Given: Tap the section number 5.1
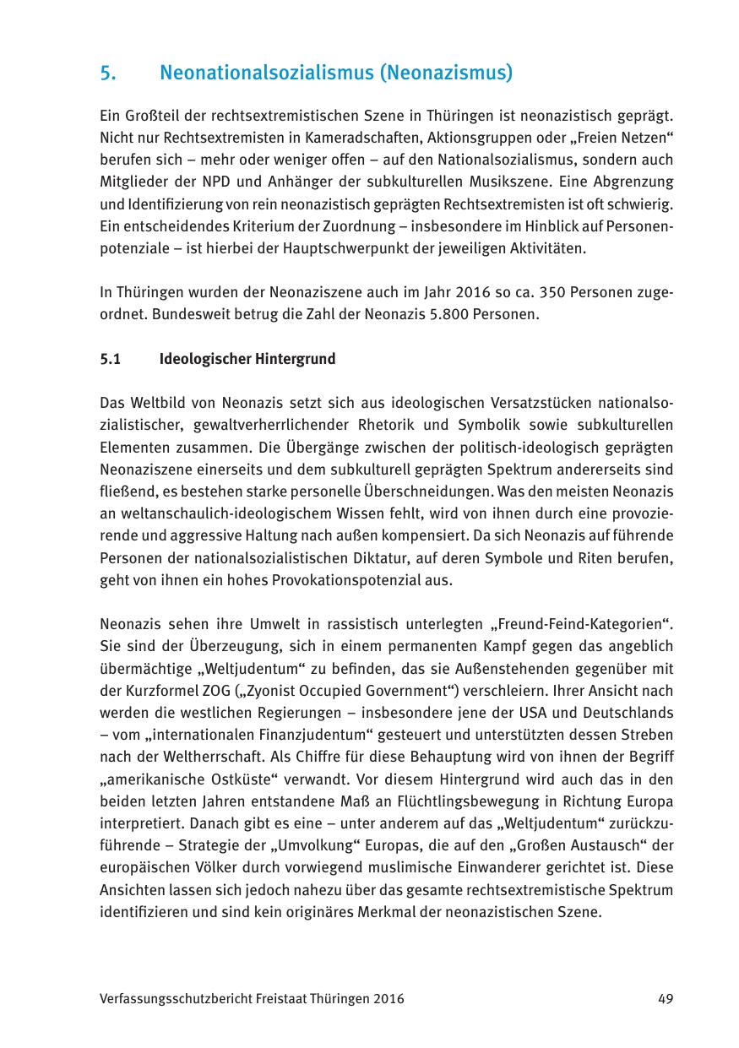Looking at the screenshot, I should (x=111, y=359).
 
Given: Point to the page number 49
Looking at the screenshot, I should (x=666, y=999).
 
